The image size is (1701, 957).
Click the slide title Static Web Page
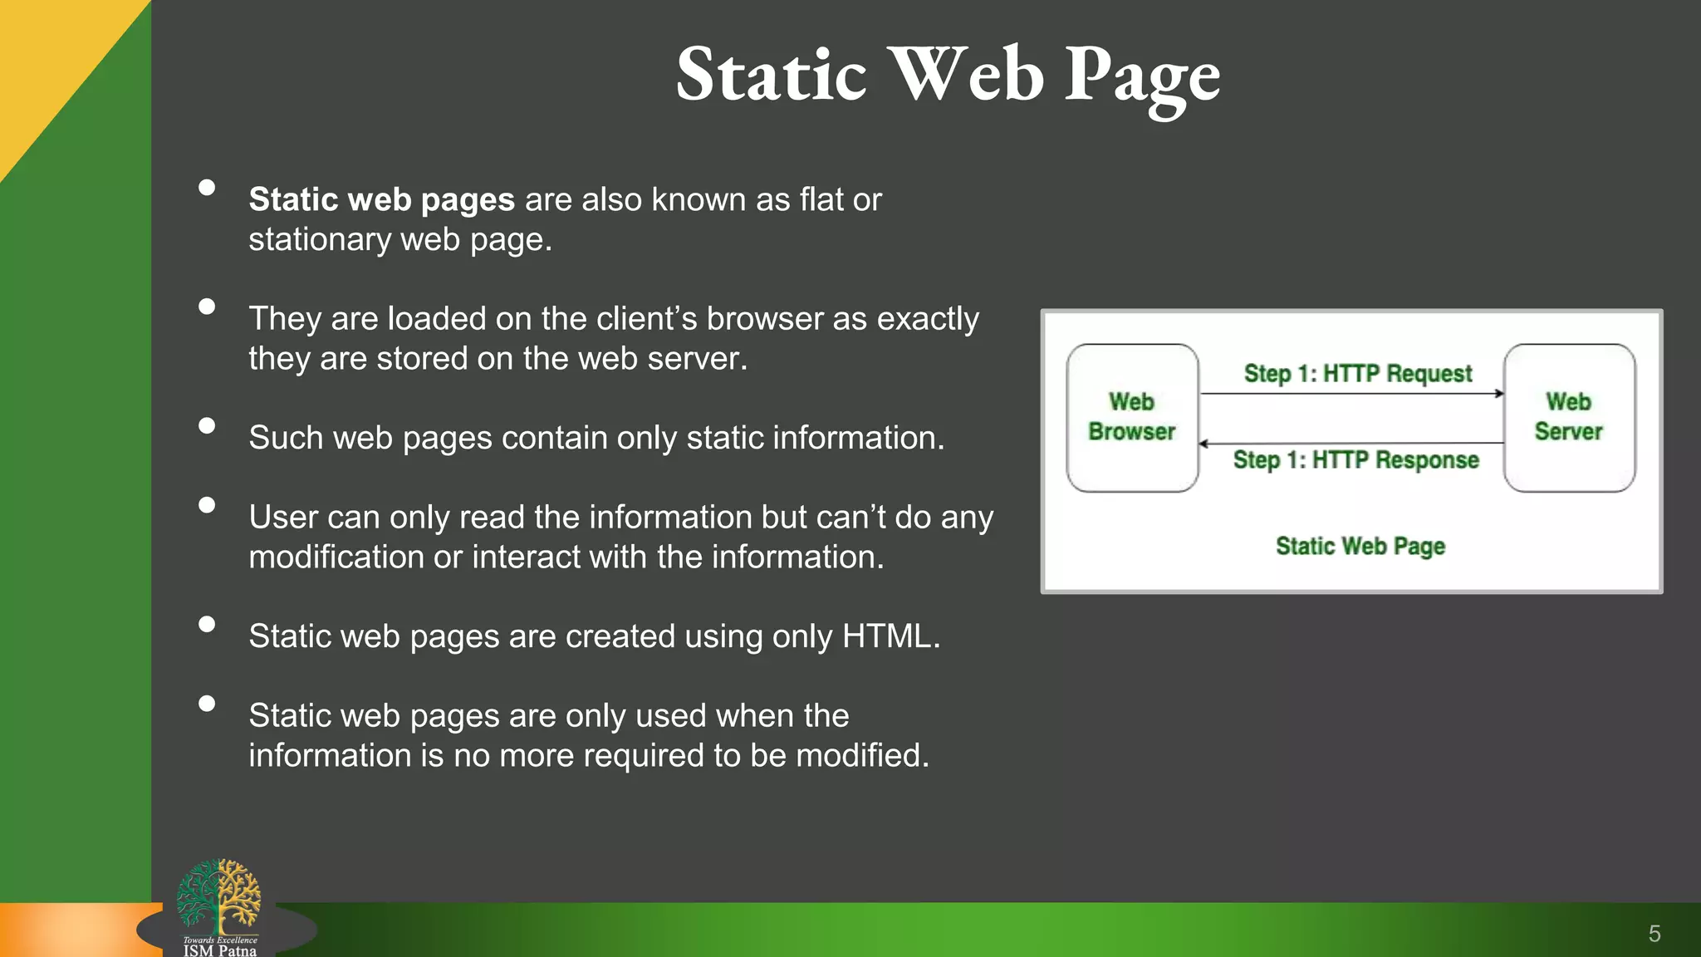(x=948, y=76)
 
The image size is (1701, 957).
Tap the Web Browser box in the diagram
(x=1132, y=418)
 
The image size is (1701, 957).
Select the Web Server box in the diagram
(x=1569, y=418)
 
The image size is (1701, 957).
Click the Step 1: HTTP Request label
(x=1358, y=374)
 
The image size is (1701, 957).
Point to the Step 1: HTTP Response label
(x=1355, y=460)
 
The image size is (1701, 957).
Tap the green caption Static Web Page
(x=1360, y=547)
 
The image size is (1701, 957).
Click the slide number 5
(x=1654, y=934)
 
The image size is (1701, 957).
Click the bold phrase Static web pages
(x=382, y=200)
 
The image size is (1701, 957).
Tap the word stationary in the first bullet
(x=320, y=240)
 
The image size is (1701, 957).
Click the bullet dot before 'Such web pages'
(x=207, y=426)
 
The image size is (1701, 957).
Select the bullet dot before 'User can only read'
(x=207, y=505)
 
